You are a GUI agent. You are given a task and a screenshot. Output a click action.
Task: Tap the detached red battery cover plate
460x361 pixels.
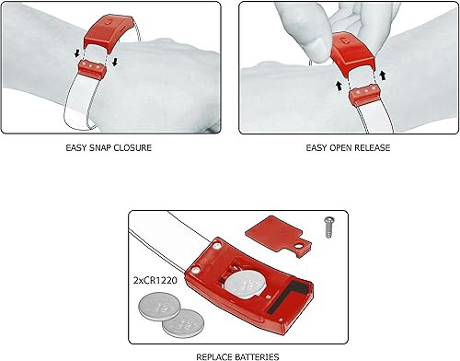(285, 230)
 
